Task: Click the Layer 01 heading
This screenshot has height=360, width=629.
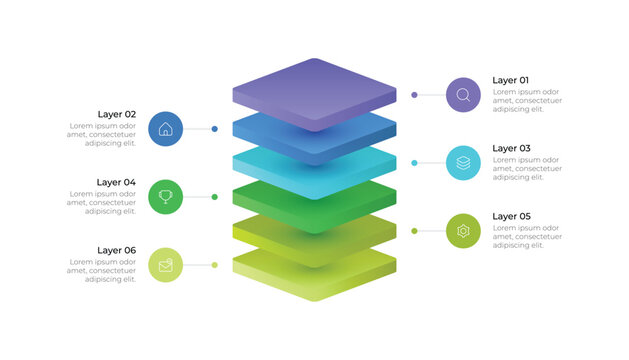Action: click(x=510, y=80)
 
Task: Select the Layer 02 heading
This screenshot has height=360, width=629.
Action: click(x=116, y=114)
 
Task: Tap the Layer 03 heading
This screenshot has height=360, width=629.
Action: click(x=511, y=148)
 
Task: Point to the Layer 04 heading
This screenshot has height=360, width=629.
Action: click(x=116, y=182)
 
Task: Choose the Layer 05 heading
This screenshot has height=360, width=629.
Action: click(x=511, y=216)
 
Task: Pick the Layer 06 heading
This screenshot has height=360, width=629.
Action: click(x=116, y=250)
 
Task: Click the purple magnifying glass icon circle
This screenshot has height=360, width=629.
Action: click(x=463, y=95)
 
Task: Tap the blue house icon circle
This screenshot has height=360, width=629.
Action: click(x=166, y=129)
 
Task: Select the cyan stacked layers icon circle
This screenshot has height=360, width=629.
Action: click(x=463, y=163)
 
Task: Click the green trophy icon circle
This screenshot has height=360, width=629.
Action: click(x=166, y=197)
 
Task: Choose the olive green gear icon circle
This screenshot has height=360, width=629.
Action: click(x=463, y=231)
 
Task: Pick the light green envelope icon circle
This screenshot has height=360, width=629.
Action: click(x=166, y=265)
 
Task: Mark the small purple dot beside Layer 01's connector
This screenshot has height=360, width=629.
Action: click(x=414, y=95)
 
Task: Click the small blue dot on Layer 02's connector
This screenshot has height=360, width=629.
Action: click(x=215, y=129)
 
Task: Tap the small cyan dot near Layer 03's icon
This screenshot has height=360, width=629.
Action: click(x=414, y=163)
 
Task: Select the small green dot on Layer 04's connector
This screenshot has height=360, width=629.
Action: click(x=215, y=197)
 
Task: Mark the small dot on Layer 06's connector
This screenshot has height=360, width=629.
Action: click(x=215, y=265)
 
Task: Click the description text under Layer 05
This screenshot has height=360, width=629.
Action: click(x=526, y=237)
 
